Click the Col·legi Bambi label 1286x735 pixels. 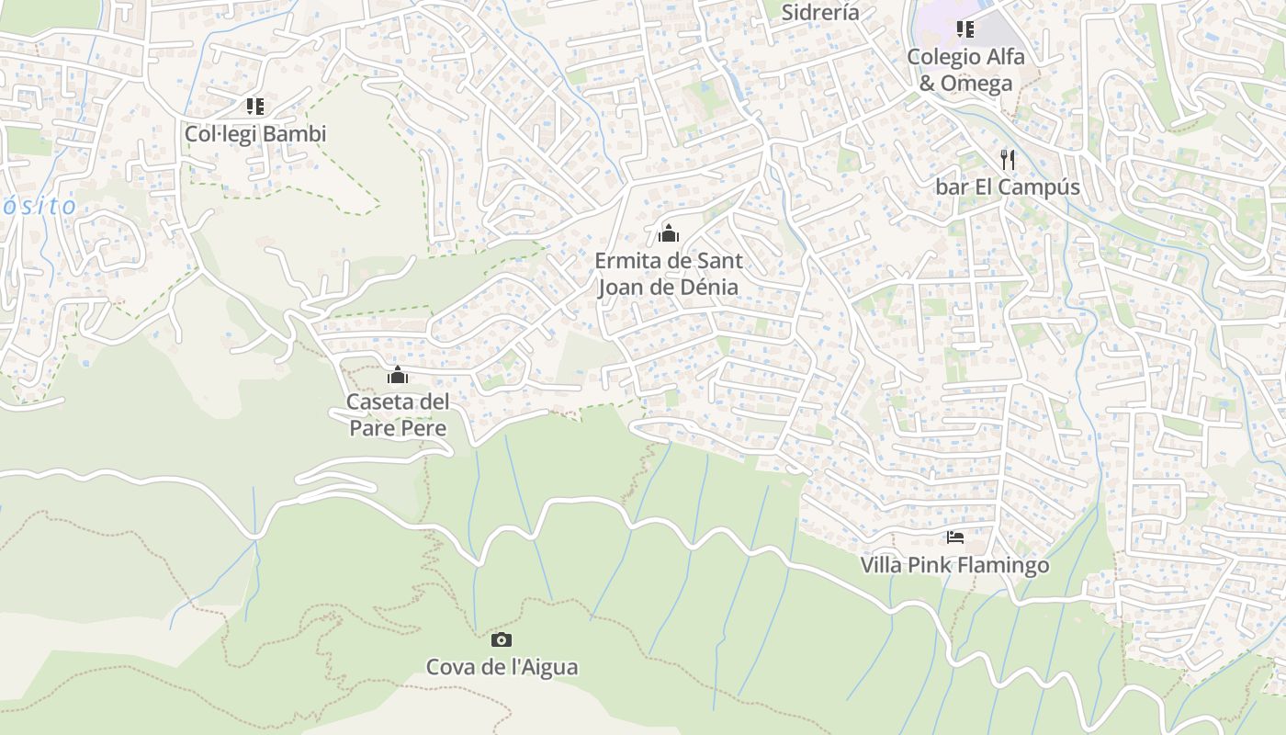point(255,134)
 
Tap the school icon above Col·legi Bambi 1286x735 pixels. point(255,107)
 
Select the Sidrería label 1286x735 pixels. point(820,12)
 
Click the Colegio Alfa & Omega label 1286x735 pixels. point(965,70)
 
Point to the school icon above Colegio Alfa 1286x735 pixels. point(964,29)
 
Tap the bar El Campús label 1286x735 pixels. point(1007,187)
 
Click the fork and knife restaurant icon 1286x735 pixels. point(1008,160)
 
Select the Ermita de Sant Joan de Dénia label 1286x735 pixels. point(669,274)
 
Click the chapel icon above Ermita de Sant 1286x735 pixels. point(669,233)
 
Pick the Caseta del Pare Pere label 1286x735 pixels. point(398,415)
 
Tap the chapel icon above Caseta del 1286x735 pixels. point(398,375)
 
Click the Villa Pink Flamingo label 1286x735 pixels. point(954,564)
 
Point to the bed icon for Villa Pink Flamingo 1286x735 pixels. point(955,537)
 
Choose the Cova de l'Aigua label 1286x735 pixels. point(502,667)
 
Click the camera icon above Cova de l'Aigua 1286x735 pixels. point(502,639)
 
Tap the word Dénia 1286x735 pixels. point(707,287)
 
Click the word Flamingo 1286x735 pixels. point(1002,564)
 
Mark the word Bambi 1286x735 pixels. point(299,134)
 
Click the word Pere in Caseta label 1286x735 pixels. point(423,428)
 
